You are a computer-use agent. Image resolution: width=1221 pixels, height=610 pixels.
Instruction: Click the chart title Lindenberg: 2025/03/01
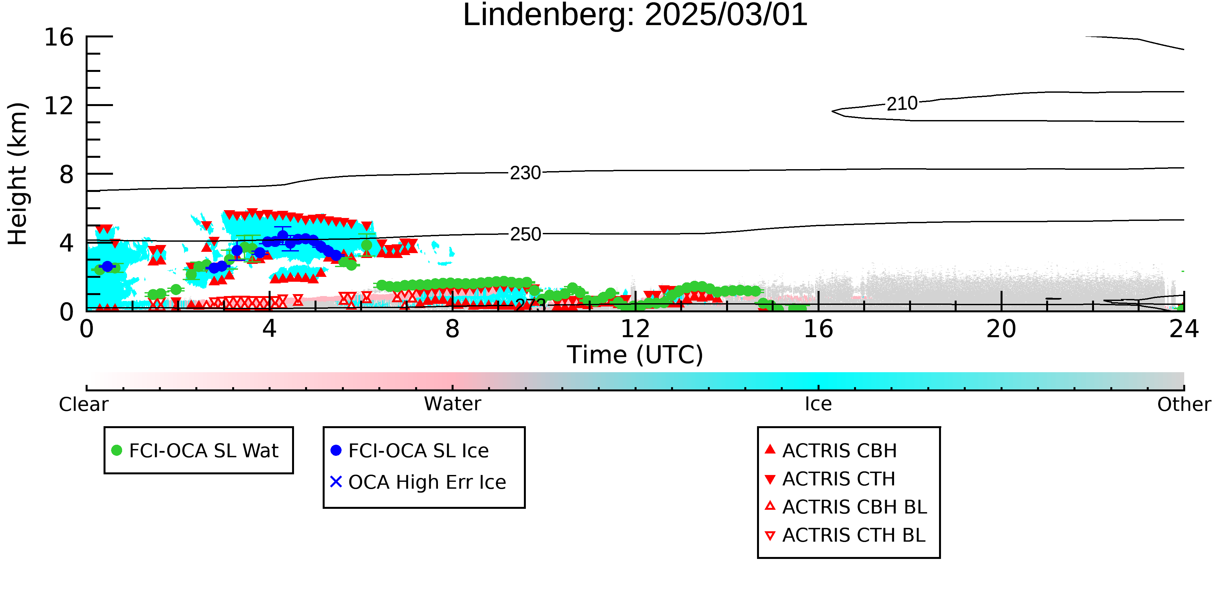(635, 15)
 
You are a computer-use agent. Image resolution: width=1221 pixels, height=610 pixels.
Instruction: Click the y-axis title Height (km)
(18, 174)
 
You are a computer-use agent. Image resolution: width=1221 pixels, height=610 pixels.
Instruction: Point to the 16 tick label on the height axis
(59, 37)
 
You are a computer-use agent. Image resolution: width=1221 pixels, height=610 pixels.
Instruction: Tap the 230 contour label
(525, 173)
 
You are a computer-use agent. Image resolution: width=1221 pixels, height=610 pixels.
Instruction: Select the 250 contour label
(525, 234)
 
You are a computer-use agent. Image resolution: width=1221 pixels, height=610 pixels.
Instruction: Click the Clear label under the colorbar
(83, 404)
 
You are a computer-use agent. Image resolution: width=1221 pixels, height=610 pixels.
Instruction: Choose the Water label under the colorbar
(453, 404)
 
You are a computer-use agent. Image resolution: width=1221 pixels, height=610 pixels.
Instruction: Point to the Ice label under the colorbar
(818, 404)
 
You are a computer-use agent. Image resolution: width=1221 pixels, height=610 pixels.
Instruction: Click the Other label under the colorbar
(1184, 404)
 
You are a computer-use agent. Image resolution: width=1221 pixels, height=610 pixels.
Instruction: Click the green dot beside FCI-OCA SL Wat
(117, 450)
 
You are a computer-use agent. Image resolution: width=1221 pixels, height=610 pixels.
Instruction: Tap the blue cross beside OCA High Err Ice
(336, 481)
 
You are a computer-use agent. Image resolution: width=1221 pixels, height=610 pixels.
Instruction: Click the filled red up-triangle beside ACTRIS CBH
(770, 449)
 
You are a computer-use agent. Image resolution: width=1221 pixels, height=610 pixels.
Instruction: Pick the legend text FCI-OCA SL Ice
(418, 450)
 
